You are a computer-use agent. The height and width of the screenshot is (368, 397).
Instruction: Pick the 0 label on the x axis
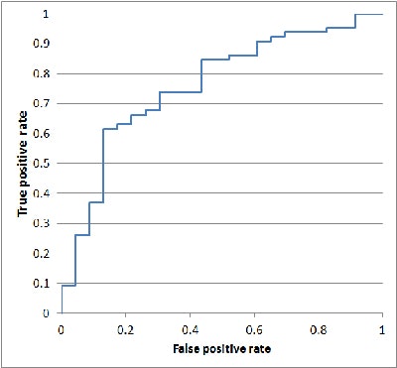[x=62, y=329]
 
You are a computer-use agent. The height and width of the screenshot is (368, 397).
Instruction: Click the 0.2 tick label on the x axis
[x=125, y=329]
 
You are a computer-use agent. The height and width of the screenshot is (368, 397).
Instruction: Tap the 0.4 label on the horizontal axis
[x=190, y=329]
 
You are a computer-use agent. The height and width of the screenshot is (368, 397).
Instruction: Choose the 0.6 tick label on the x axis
[x=254, y=329]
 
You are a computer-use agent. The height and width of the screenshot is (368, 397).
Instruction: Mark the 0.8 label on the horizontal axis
[x=318, y=329]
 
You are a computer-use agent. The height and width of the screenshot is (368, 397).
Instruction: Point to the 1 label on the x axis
[x=382, y=329]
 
